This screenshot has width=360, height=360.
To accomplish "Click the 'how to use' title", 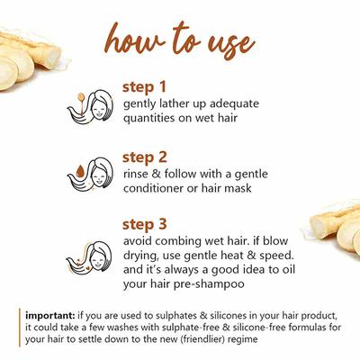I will (179, 40).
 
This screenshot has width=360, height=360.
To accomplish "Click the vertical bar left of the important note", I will (19, 328).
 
